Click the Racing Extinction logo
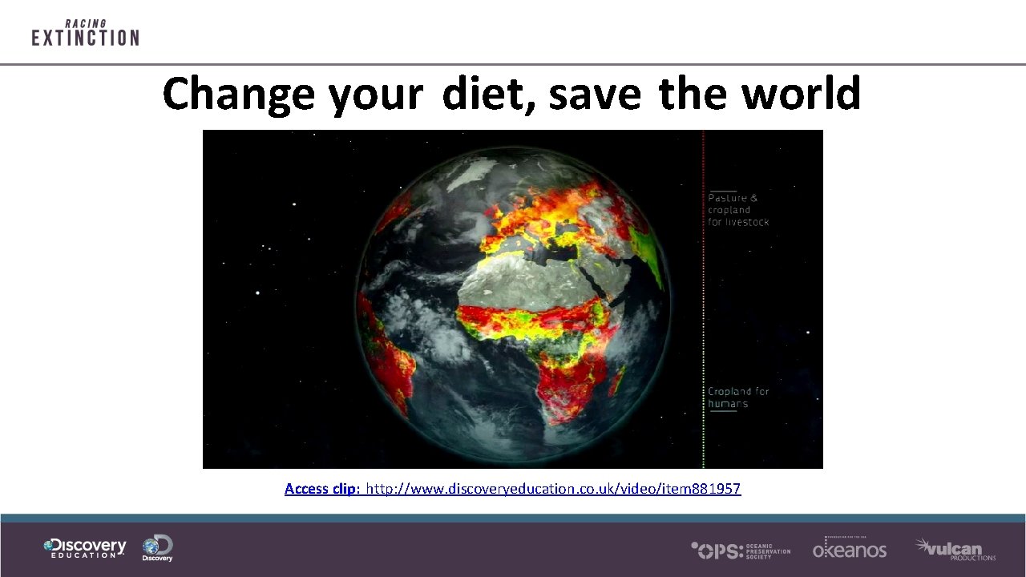coord(85,33)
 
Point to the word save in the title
coord(595,95)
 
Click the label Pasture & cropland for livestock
coord(737,209)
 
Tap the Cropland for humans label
coord(737,397)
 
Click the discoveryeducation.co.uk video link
coord(553,488)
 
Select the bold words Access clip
coord(323,488)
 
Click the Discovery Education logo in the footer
coord(85,548)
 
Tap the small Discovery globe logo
coord(157,548)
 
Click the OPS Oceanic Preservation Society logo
coord(741,550)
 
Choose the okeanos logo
coord(849,548)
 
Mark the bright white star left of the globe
coord(257,293)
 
